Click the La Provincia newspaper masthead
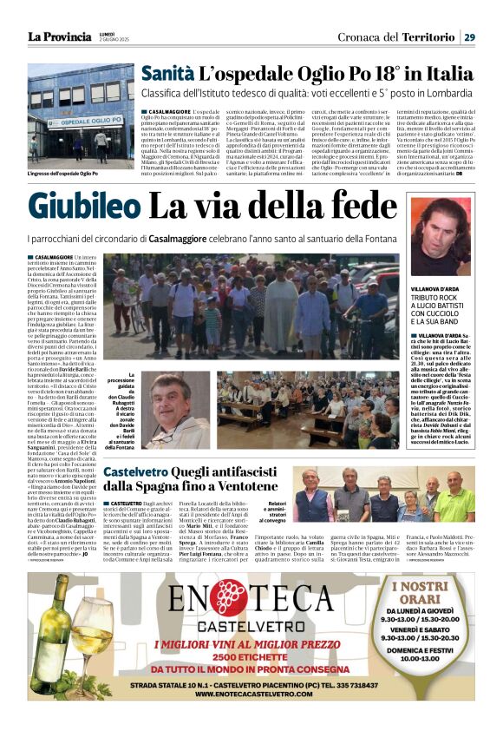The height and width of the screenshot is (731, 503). coord(59,36)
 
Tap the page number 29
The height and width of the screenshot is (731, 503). coord(468,36)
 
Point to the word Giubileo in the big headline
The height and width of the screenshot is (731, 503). coord(84,207)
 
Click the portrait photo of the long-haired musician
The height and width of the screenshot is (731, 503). coord(441,236)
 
